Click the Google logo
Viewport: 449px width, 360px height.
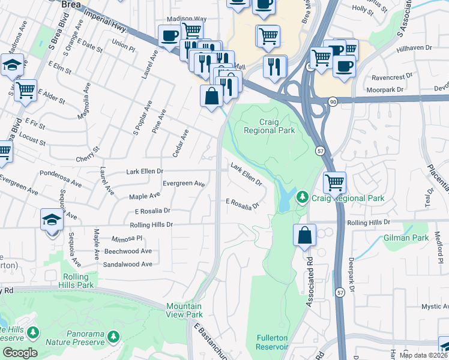[x=19, y=353]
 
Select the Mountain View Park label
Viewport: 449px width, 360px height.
[x=184, y=310]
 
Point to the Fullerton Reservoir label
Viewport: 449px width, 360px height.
[x=272, y=342]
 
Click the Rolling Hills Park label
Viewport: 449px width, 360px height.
[x=79, y=281]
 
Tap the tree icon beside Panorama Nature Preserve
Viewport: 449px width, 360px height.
[x=113, y=337]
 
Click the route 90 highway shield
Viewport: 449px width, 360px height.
[x=333, y=103]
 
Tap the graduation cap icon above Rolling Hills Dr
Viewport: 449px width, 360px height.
[x=52, y=220]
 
